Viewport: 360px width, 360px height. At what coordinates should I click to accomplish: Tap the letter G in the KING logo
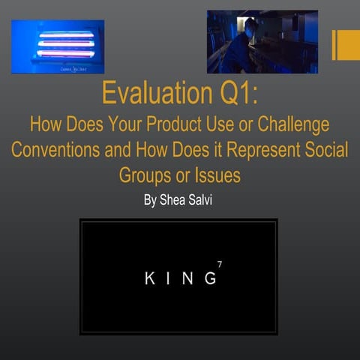pos(210,278)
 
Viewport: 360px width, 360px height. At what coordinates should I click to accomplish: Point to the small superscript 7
pos(219,265)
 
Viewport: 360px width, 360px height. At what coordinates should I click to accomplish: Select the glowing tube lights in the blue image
pos(67,44)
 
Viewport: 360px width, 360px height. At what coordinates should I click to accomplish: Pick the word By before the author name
pos(150,200)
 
